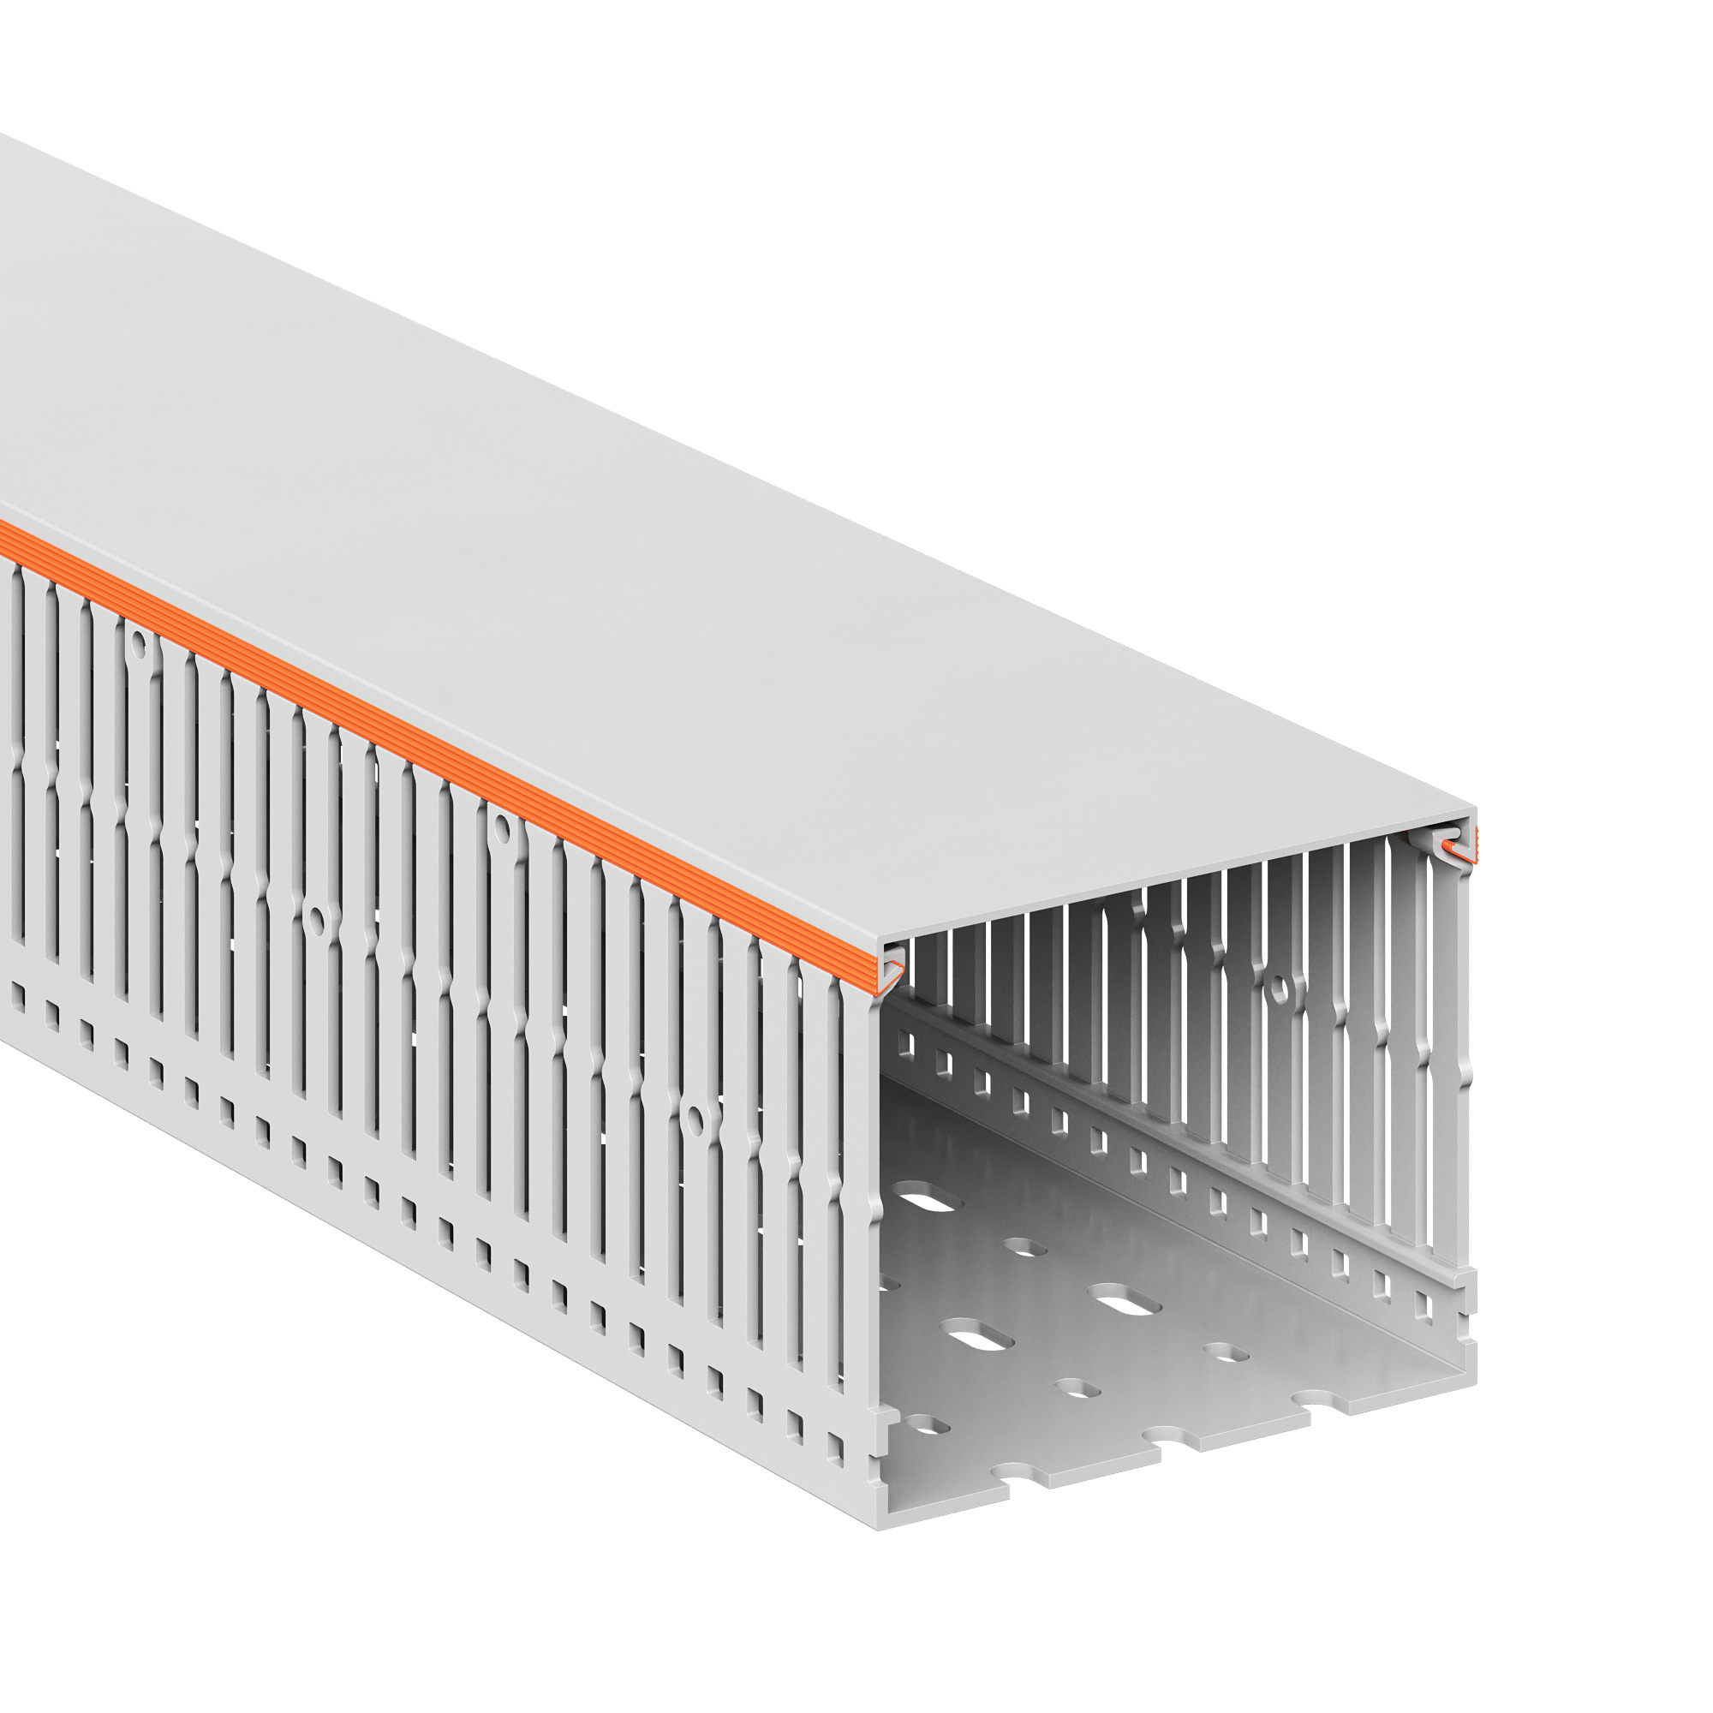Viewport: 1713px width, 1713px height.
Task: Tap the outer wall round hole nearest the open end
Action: tap(695, 1119)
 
